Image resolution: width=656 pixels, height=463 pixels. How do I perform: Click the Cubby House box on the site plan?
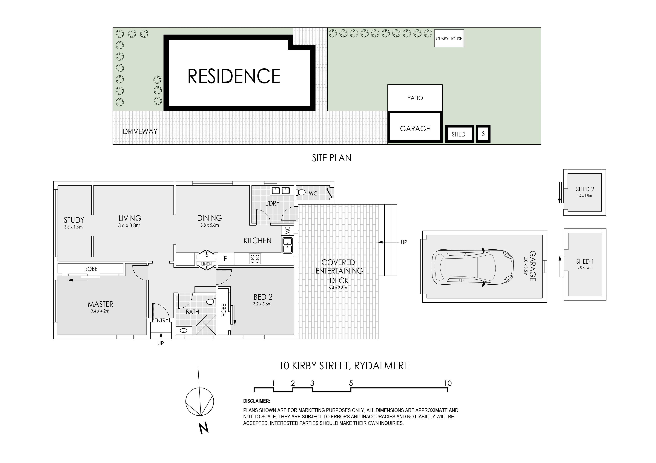tap(449, 38)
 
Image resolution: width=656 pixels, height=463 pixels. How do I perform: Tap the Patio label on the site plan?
tap(415, 98)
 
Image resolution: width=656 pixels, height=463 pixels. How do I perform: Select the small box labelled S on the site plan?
tap(483, 134)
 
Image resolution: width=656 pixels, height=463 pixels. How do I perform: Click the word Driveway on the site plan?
tap(140, 131)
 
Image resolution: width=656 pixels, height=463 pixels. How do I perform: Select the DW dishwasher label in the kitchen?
tap(287, 231)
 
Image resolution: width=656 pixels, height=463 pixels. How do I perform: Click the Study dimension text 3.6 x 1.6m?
tap(73, 227)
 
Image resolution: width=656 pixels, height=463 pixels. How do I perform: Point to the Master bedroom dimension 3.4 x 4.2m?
tap(100, 311)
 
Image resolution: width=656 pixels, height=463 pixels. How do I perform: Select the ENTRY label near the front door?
tap(161, 320)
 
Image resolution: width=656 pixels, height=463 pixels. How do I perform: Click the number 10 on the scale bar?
tap(447, 383)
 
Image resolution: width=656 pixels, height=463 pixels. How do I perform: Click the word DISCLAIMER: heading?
tap(257, 401)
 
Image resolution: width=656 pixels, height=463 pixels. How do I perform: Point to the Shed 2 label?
tap(585, 189)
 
